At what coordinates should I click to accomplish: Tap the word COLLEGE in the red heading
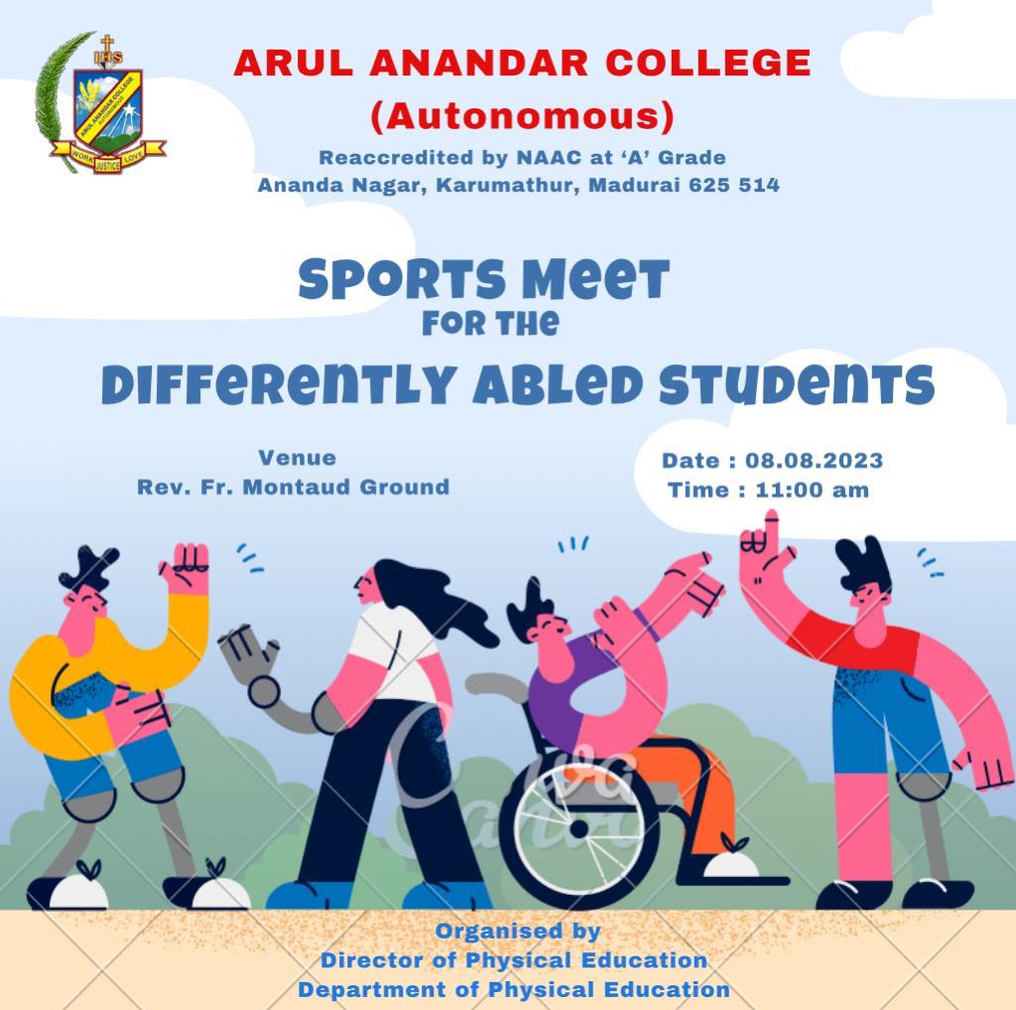707,63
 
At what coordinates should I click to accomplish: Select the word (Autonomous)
522,117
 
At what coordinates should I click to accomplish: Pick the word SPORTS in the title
402,280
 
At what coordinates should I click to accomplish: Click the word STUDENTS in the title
797,384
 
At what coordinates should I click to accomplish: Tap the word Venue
298,458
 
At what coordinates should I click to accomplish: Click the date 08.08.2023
814,461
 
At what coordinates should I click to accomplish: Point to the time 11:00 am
812,490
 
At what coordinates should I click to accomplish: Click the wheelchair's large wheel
579,830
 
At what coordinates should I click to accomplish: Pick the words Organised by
518,931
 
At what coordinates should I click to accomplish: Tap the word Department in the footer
372,990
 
